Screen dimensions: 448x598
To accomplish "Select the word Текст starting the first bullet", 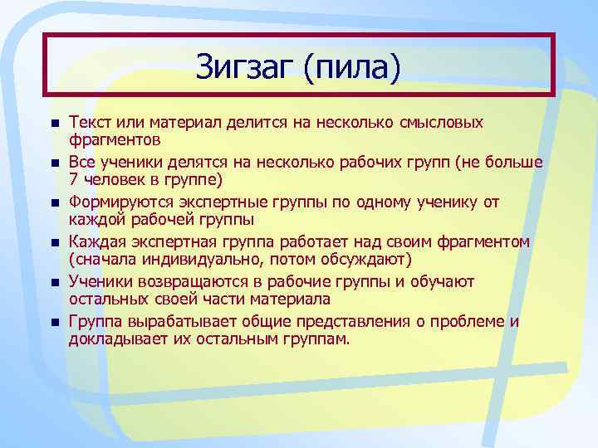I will point(90,122).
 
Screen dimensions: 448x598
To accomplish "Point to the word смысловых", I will point(441,122).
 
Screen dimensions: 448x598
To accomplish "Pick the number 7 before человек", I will point(73,179).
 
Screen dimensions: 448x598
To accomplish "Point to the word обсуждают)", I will point(366,259).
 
